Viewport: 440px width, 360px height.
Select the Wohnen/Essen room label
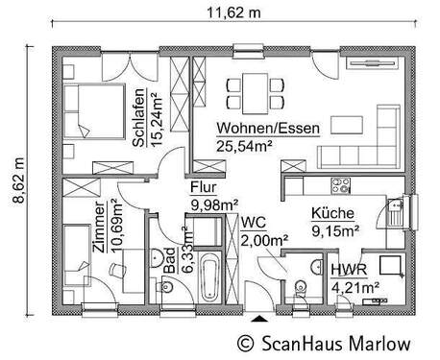(260, 131)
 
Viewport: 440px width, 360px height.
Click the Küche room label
(333, 214)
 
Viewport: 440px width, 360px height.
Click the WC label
(255, 222)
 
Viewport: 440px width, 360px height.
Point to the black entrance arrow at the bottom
(257, 316)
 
